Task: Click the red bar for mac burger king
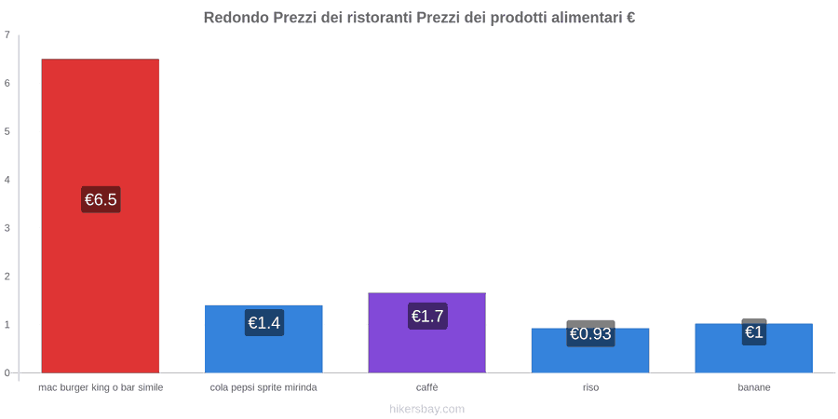pos(101,215)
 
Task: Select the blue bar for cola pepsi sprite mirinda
pos(264,339)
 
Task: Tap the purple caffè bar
pos(427,332)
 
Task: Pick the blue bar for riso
pos(590,350)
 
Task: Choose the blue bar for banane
pos(753,348)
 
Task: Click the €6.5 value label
pos(101,199)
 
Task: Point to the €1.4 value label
pos(264,323)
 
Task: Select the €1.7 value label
pos(427,316)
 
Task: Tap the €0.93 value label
pos(590,333)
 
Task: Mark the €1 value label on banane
pos(754,331)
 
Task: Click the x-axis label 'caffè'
pos(427,387)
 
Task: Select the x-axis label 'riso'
pos(590,387)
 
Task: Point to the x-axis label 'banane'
pos(754,387)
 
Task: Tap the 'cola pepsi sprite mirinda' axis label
pos(264,387)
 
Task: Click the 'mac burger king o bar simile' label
pos(101,387)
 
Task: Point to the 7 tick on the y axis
pos(7,35)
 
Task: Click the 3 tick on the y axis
pos(7,228)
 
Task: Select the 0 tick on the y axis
pos(7,373)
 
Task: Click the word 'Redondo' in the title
pos(237,18)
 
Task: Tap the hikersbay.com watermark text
pos(427,409)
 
